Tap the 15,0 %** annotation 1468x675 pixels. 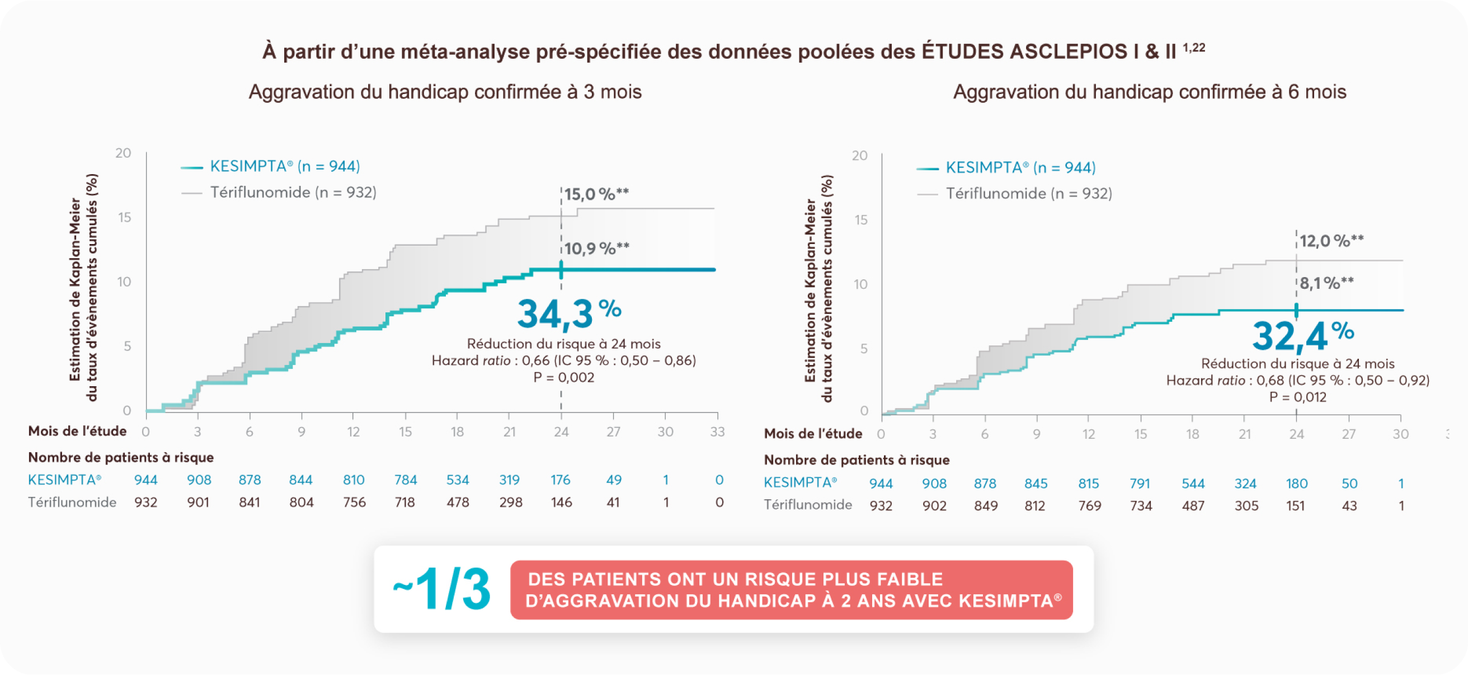[x=596, y=194]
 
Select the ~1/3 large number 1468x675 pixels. [x=441, y=589]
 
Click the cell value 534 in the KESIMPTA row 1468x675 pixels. [x=458, y=480]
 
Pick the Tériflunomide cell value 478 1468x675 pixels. [x=458, y=502]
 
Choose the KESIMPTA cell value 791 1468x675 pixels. [x=1140, y=484]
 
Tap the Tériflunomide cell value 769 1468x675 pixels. [x=1090, y=505]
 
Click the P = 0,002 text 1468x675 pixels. [x=563, y=377]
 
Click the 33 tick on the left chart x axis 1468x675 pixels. [x=717, y=432]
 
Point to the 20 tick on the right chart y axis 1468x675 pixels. [x=859, y=156]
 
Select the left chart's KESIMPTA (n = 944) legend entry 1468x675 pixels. [x=284, y=166]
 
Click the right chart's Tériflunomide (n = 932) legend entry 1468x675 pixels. [x=1029, y=194]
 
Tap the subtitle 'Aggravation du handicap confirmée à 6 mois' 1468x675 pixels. [x=1150, y=92]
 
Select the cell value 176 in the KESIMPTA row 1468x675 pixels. [x=560, y=480]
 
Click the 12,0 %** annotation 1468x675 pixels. [x=1331, y=241]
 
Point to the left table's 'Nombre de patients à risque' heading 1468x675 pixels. [x=121, y=457]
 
